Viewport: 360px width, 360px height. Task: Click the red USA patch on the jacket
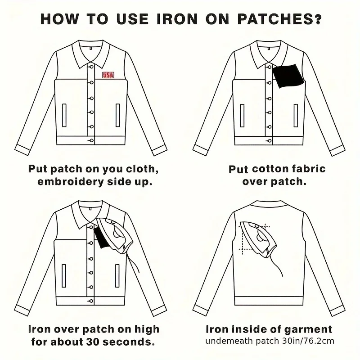[x=108, y=75]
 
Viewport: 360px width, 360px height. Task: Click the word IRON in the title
[x=177, y=19]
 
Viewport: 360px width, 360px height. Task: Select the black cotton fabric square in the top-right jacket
[x=288, y=76]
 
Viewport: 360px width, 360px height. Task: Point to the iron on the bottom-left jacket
[x=115, y=235]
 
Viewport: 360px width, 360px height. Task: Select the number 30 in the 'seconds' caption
[x=93, y=342]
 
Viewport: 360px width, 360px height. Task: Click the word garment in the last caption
[x=308, y=329]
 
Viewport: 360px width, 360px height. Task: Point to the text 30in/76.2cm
[x=308, y=341]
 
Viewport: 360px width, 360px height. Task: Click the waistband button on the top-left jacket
[x=91, y=140]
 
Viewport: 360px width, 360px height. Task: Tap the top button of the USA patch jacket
[x=91, y=67]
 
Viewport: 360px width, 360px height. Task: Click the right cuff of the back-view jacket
[x=337, y=311]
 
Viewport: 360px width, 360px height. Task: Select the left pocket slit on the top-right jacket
[x=242, y=116]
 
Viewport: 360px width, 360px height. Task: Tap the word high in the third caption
[x=147, y=330]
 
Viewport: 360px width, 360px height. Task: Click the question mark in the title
[x=317, y=19]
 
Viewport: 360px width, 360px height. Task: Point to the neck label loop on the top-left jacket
[x=91, y=48]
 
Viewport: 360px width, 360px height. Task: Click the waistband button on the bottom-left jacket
[x=91, y=301]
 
